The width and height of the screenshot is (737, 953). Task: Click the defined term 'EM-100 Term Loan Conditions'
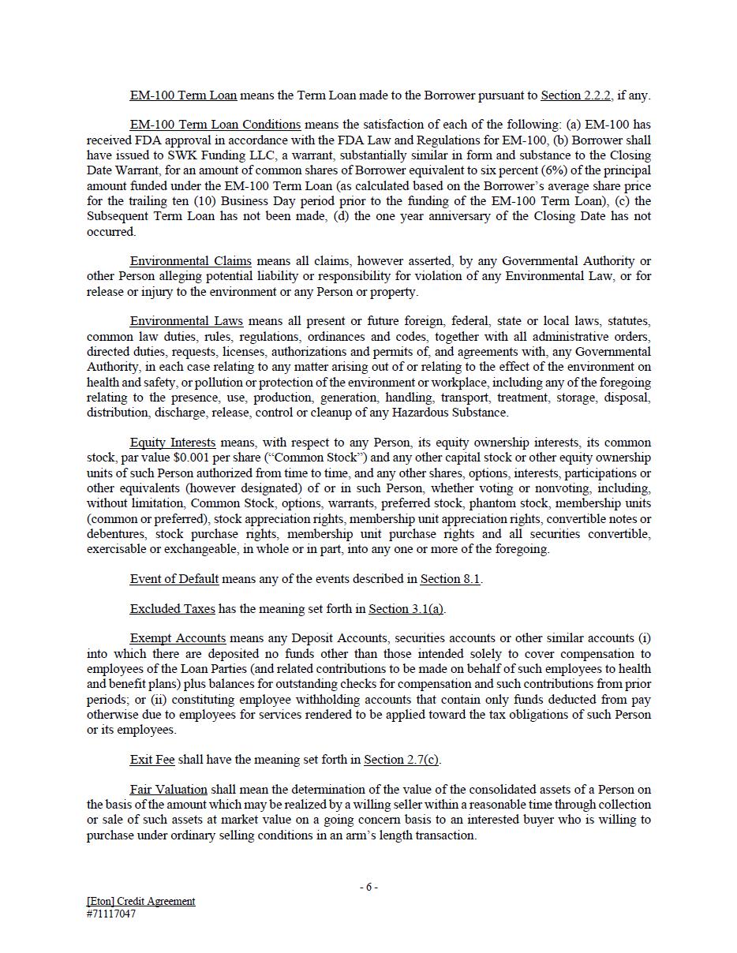215,125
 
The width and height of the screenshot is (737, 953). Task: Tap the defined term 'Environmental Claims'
190,261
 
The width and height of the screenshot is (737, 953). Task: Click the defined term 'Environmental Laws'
186,321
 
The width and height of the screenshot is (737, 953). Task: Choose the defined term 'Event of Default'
174,579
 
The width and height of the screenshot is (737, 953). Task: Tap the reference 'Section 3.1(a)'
406,609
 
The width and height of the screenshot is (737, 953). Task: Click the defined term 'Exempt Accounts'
178,638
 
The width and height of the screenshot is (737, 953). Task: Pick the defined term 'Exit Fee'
152,760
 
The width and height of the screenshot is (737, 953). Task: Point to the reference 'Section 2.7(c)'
401,760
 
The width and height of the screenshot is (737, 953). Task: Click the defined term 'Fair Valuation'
168,790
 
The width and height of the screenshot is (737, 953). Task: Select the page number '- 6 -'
368,887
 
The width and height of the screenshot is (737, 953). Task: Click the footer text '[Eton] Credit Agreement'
140,901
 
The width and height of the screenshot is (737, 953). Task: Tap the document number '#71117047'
110,914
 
